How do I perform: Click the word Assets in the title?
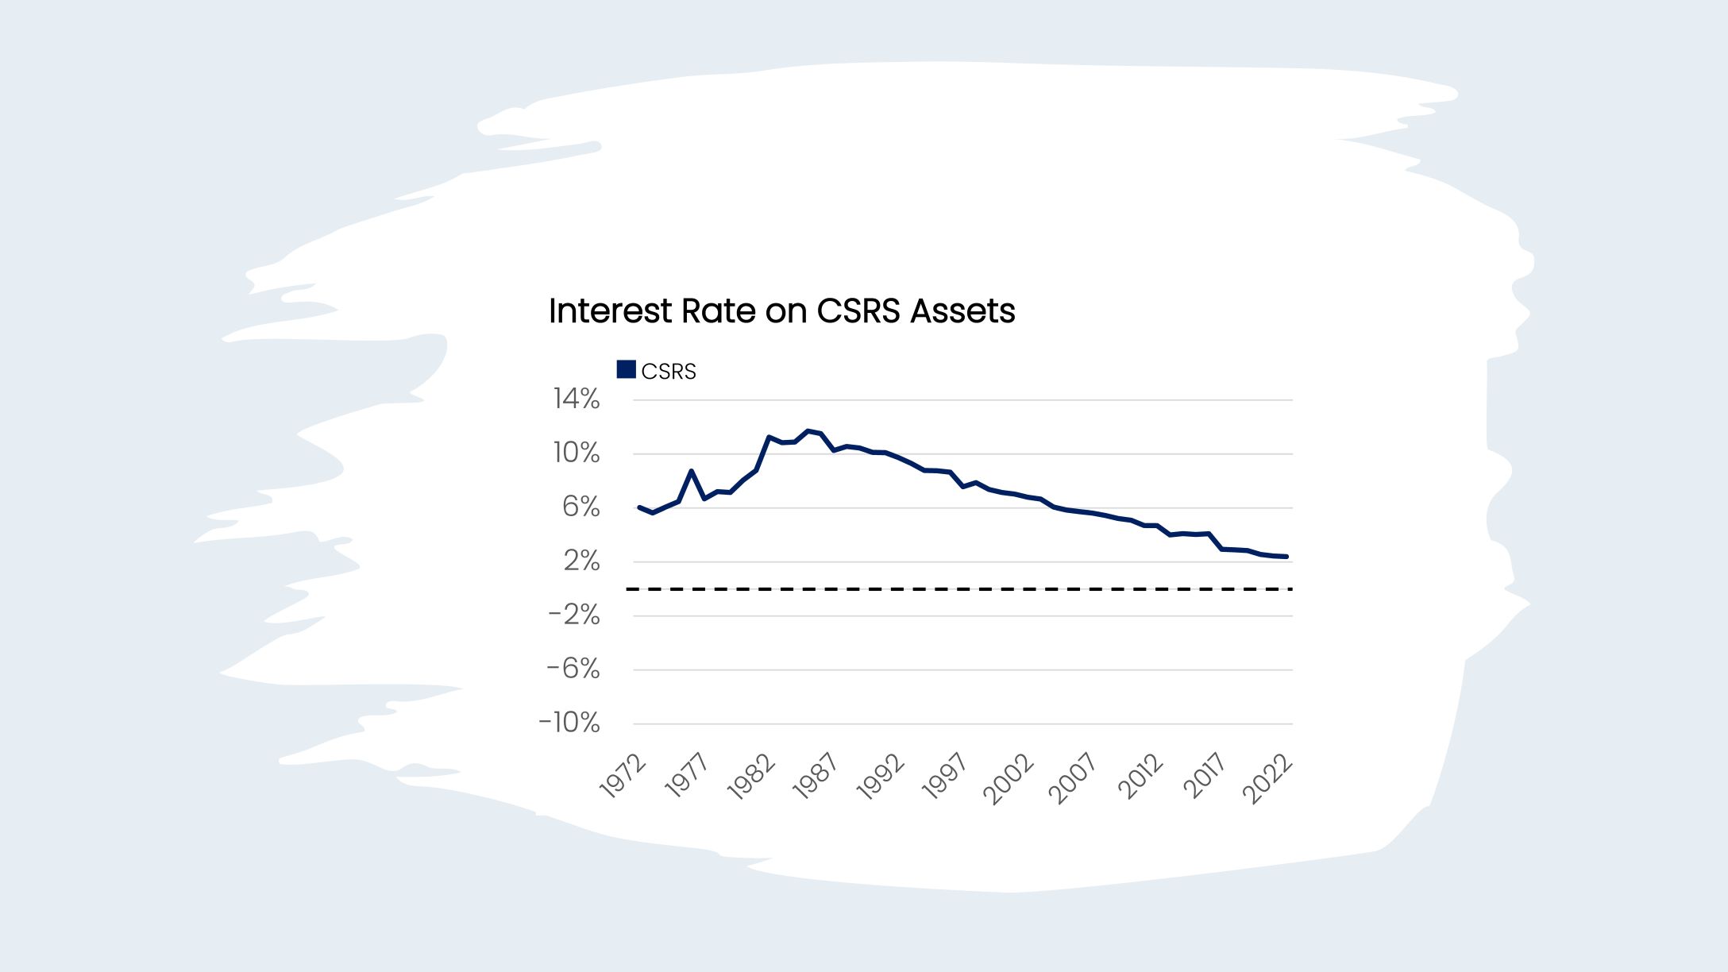coord(962,310)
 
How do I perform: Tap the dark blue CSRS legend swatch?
coord(626,370)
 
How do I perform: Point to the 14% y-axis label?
coord(577,399)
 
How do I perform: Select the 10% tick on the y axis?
coord(577,453)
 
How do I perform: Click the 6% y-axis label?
coord(580,507)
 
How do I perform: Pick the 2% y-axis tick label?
coord(581,561)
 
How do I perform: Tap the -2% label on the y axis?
coord(573,615)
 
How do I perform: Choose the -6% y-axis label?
coord(573,669)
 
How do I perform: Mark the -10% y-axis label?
coord(569,723)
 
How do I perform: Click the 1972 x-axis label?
coord(623,776)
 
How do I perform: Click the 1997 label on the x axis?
coord(945,776)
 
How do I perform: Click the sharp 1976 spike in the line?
coord(692,471)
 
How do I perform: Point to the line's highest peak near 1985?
coord(808,431)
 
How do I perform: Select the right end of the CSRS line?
coord(1286,557)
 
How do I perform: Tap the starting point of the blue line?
coord(639,507)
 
